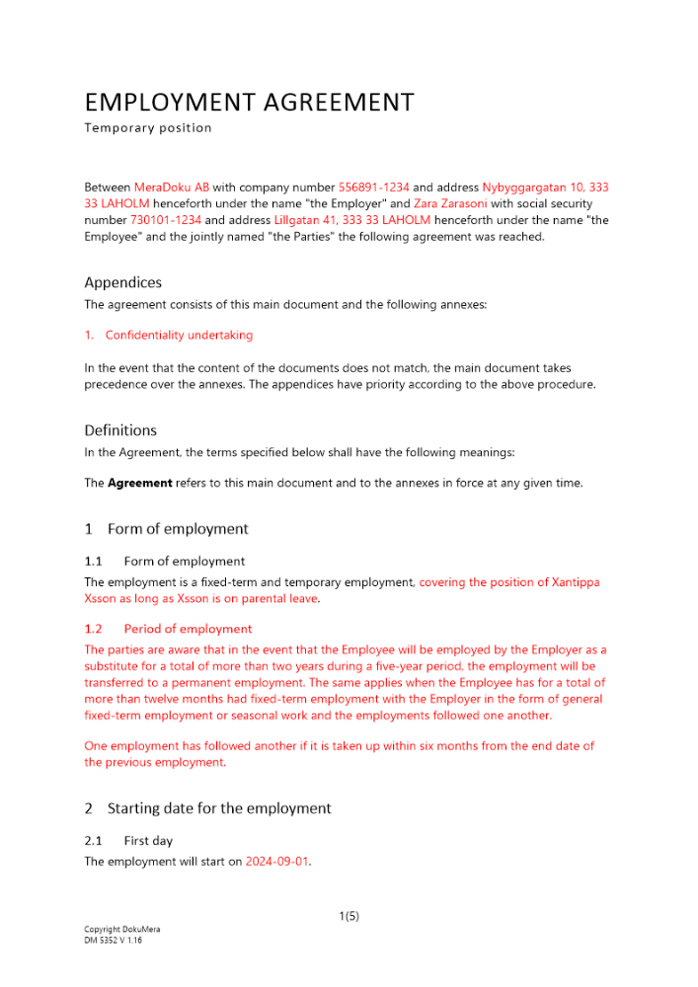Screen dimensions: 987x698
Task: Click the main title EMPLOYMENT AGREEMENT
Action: (x=249, y=102)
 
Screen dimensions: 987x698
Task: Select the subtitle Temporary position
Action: (x=147, y=127)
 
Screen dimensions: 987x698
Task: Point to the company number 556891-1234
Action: (x=373, y=187)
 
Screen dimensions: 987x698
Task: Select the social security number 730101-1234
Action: (x=166, y=220)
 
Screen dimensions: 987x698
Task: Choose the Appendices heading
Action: (x=122, y=282)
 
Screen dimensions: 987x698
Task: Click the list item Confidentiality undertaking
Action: (x=179, y=336)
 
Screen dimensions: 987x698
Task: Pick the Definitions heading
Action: (x=120, y=430)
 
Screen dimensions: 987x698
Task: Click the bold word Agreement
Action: (x=139, y=483)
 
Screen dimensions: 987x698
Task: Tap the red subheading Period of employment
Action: (x=188, y=629)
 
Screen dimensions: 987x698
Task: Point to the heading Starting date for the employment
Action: (x=219, y=808)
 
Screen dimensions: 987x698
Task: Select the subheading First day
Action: (x=148, y=841)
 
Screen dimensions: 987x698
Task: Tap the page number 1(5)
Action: (x=349, y=916)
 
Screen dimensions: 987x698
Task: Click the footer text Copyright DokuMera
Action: (x=122, y=930)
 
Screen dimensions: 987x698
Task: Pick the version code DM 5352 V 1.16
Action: (x=113, y=941)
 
